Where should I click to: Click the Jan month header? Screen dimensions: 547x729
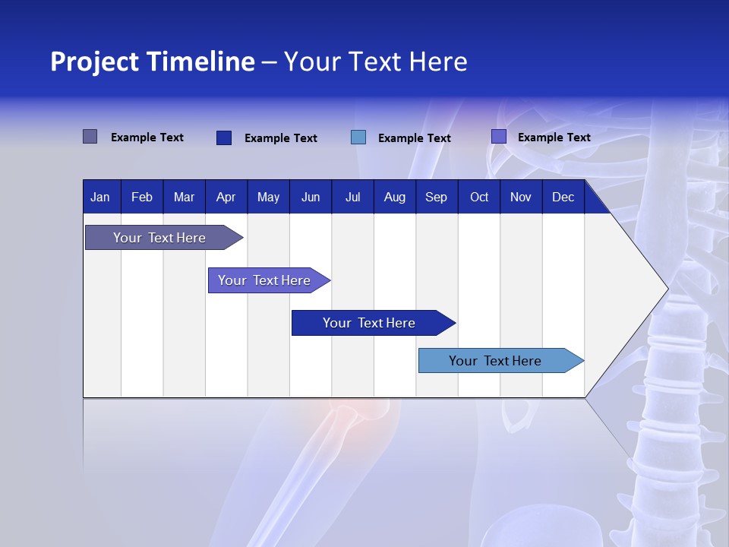pyautogui.click(x=100, y=197)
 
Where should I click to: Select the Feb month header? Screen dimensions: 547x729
pyautogui.click(x=142, y=197)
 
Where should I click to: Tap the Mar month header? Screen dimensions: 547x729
pyautogui.click(x=184, y=197)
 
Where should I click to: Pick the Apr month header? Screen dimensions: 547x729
pyautogui.click(x=226, y=197)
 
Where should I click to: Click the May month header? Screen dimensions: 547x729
pyautogui.click(x=268, y=197)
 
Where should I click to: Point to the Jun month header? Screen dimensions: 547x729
pyautogui.click(x=311, y=197)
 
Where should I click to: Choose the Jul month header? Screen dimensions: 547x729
pyautogui.click(x=352, y=197)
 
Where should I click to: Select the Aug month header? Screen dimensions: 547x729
pyautogui.click(x=395, y=197)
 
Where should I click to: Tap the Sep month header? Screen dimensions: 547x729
pyautogui.click(x=436, y=197)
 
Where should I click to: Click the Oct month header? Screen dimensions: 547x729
pyautogui.click(x=479, y=197)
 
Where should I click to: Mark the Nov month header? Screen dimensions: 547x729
pyautogui.click(x=521, y=197)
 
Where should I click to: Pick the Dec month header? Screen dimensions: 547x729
pyautogui.click(x=563, y=197)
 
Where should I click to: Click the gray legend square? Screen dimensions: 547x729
pyautogui.click(x=90, y=137)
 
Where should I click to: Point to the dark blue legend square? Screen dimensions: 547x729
pyautogui.click(x=224, y=138)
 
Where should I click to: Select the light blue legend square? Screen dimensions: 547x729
pyautogui.click(x=358, y=138)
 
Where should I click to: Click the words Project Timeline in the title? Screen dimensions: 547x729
pyautogui.click(x=153, y=62)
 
